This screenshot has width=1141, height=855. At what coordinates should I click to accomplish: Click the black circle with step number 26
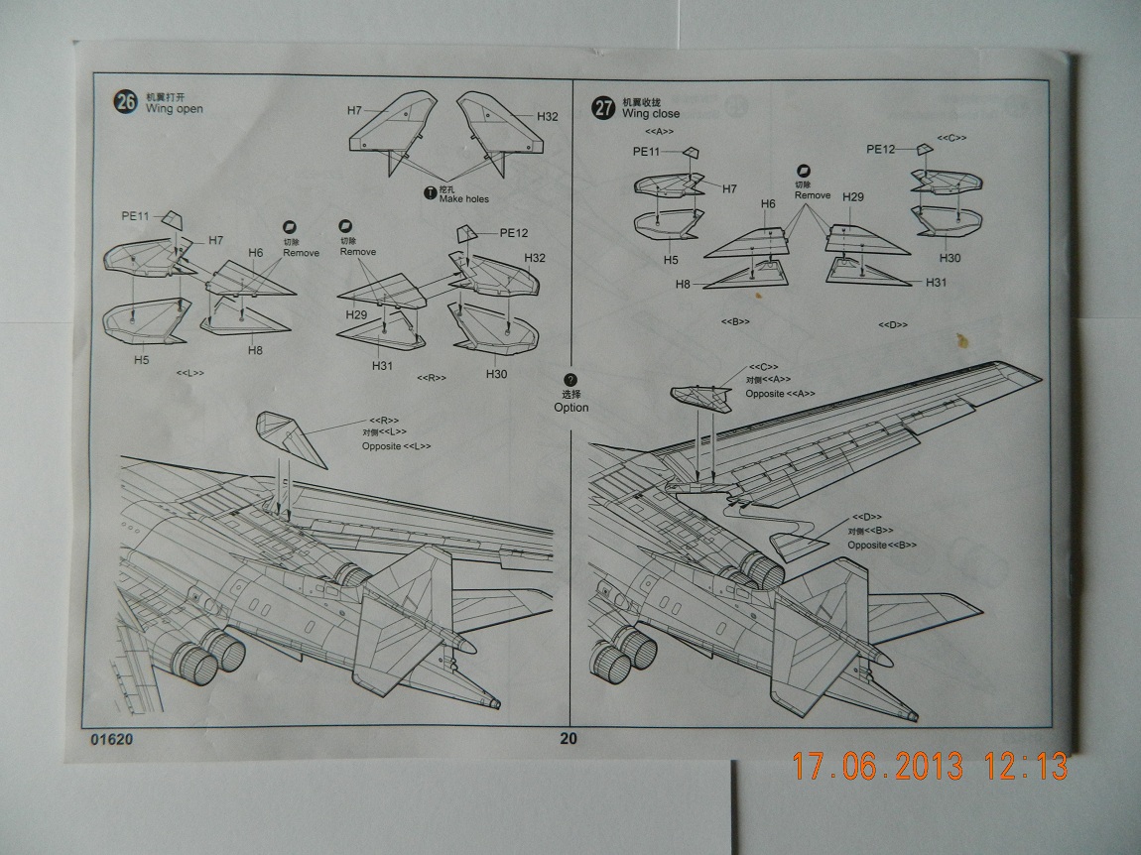(x=126, y=102)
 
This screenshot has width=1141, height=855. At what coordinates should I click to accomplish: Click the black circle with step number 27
(x=604, y=108)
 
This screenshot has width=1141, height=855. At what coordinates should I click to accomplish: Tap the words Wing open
(x=174, y=108)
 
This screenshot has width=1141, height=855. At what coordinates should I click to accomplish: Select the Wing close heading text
(x=651, y=114)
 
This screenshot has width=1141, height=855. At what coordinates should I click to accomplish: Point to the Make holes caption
(x=463, y=199)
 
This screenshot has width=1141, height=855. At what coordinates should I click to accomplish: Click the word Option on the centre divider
(x=570, y=407)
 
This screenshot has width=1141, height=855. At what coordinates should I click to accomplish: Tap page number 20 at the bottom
(x=568, y=738)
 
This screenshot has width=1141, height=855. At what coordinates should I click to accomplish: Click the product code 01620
(x=110, y=739)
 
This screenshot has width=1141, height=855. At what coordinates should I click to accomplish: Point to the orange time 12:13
(x=1026, y=767)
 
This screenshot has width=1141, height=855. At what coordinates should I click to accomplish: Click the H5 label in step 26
(x=142, y=360)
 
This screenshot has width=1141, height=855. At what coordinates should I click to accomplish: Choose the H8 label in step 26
(x=255, y=350)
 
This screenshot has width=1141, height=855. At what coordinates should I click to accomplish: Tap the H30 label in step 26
(x=496, y=373)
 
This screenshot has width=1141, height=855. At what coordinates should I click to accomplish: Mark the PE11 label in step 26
(x=136, y=216)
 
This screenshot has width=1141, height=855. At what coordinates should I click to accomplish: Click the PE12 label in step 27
(x=881, y=150)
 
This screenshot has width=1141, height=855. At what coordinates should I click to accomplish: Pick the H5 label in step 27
(x=671, y=260)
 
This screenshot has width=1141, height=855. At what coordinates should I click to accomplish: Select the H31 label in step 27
(x=936, y=283)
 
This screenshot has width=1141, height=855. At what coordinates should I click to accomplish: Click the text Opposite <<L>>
(x=396, y=446)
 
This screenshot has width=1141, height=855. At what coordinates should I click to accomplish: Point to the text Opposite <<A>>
(x=780, y=394)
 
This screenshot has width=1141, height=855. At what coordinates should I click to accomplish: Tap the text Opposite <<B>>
(x=882, y=545)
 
